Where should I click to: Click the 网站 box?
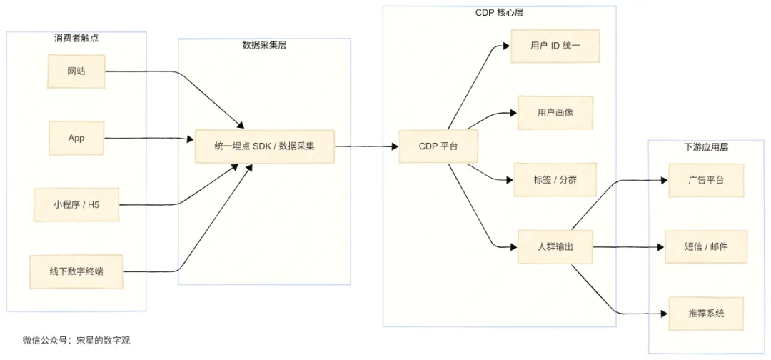coord(76,71)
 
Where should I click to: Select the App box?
coord(76,138)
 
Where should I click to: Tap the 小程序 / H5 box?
coord(76,205)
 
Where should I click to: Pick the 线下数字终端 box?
coord(76,271)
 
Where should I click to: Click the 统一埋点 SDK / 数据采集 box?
coord(265,146)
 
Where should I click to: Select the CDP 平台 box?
coord(438,146)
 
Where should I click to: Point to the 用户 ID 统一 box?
coord(555,46)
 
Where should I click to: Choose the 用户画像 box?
coord(555,113)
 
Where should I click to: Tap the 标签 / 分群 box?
coord(555,180)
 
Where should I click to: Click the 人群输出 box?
coord(555,247)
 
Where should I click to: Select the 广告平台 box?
coord(705,180)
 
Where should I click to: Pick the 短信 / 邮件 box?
coord(705,247)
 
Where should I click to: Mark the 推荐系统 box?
coord(705,314)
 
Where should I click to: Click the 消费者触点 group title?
coord(76,38)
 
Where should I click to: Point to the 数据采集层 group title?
coord(265,45)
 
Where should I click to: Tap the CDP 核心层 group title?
coord(500,13)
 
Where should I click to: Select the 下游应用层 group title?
coord(705,147)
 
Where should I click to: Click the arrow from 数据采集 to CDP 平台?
coord(366,146)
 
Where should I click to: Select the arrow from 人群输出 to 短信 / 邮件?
coord(628,247)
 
